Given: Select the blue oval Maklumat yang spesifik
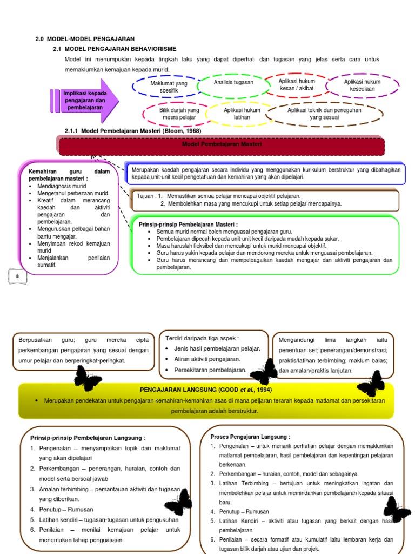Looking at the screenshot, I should pos(169,87).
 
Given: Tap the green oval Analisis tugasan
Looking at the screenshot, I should pos(233,83).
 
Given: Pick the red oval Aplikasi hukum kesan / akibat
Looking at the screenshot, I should pos(297,85).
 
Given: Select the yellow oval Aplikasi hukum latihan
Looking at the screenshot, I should pos(242,114).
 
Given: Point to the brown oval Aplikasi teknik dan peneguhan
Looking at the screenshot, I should pos(324,114).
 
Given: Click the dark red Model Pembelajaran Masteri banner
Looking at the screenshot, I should pos(222,146).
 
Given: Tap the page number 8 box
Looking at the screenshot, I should pos(17,276).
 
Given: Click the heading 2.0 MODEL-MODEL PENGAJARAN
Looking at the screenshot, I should pos(85,39).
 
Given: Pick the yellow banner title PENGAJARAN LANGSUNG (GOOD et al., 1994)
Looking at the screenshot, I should pos(206,390).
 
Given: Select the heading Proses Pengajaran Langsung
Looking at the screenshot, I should pos(250,437).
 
